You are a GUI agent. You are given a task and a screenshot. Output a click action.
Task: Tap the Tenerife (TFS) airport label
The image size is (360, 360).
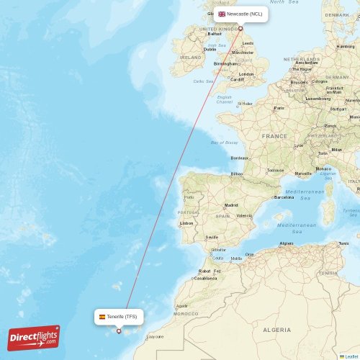(121, 316)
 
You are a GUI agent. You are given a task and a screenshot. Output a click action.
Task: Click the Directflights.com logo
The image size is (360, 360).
(34, 337)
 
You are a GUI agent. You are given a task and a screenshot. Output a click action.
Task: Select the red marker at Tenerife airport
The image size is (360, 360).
(119, 331)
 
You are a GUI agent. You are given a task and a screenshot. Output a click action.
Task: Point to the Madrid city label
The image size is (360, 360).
(230, 205)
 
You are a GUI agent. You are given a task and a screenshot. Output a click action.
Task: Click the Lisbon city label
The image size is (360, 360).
(186, 223)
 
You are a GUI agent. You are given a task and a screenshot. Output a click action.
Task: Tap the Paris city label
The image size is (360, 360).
(279, 108)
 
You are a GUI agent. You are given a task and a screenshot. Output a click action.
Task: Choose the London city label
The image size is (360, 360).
(246, 74)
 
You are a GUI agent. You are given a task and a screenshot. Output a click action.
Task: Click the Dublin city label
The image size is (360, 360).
(199, 49)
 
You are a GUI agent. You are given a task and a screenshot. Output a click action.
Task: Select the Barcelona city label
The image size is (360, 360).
(284, 197)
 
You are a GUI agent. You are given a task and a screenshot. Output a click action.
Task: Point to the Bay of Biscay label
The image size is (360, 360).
(224, 143)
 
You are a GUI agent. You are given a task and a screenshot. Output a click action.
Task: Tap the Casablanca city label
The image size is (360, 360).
(204, 278)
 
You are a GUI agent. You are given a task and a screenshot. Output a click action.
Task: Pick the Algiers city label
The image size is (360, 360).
(287, 243)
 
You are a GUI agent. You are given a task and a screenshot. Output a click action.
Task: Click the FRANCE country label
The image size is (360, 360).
(274, 135)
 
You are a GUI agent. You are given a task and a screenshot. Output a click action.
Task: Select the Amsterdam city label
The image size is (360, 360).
(305, 63)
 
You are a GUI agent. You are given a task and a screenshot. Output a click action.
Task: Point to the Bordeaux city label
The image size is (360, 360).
(240, 158)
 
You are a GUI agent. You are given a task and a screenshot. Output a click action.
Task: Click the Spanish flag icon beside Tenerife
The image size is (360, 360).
(102, 316)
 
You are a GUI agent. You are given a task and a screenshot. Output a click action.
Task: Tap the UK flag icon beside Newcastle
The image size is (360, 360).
(222, 14)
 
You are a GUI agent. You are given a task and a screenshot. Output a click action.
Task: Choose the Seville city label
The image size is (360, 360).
(212, 237)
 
